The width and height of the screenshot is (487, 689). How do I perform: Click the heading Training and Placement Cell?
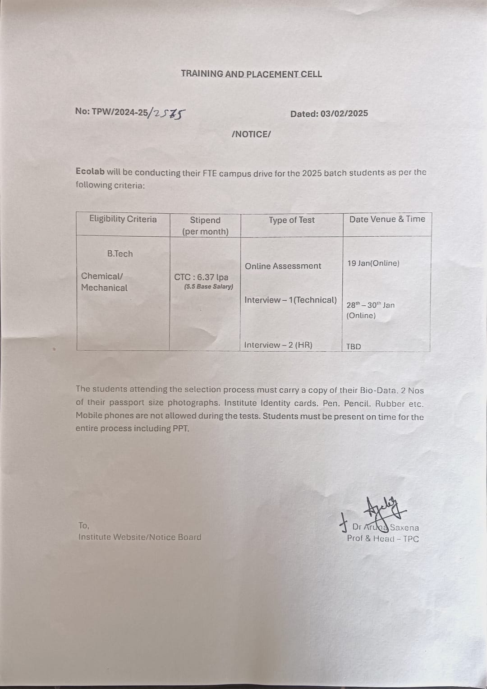[x=251, y=74]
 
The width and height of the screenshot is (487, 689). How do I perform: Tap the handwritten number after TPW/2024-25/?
[x=170, y=114]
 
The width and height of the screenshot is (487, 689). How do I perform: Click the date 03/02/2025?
[x=344, y=114]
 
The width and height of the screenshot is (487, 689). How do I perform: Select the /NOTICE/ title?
[x=251, y=134]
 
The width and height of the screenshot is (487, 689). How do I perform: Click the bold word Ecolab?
[x=90, y=171]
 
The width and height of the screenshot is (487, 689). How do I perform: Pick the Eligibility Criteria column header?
[x=123, y=219]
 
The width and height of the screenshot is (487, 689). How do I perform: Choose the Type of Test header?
[x=292, y=220]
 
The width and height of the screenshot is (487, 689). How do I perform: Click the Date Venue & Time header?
[x=387, y=219]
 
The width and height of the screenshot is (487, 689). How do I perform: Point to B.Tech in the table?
[x=120, y=254]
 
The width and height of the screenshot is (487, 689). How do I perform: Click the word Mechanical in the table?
[x=104, y=288]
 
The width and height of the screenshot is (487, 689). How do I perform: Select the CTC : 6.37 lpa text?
[x=201, y=277]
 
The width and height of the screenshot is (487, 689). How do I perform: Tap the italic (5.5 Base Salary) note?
[x=209, y=287]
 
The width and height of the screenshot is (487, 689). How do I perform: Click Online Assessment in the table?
[x=283, y=266]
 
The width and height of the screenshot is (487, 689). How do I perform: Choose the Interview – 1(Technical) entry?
[x=290, y=300]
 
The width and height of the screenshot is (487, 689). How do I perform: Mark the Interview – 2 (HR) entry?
[x=278, y=345]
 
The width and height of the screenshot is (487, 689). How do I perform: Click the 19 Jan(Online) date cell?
[x=373, y=263]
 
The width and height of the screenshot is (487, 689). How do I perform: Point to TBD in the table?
[x=354, y=347]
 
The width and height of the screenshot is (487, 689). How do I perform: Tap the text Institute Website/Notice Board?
[x=140, y=537]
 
